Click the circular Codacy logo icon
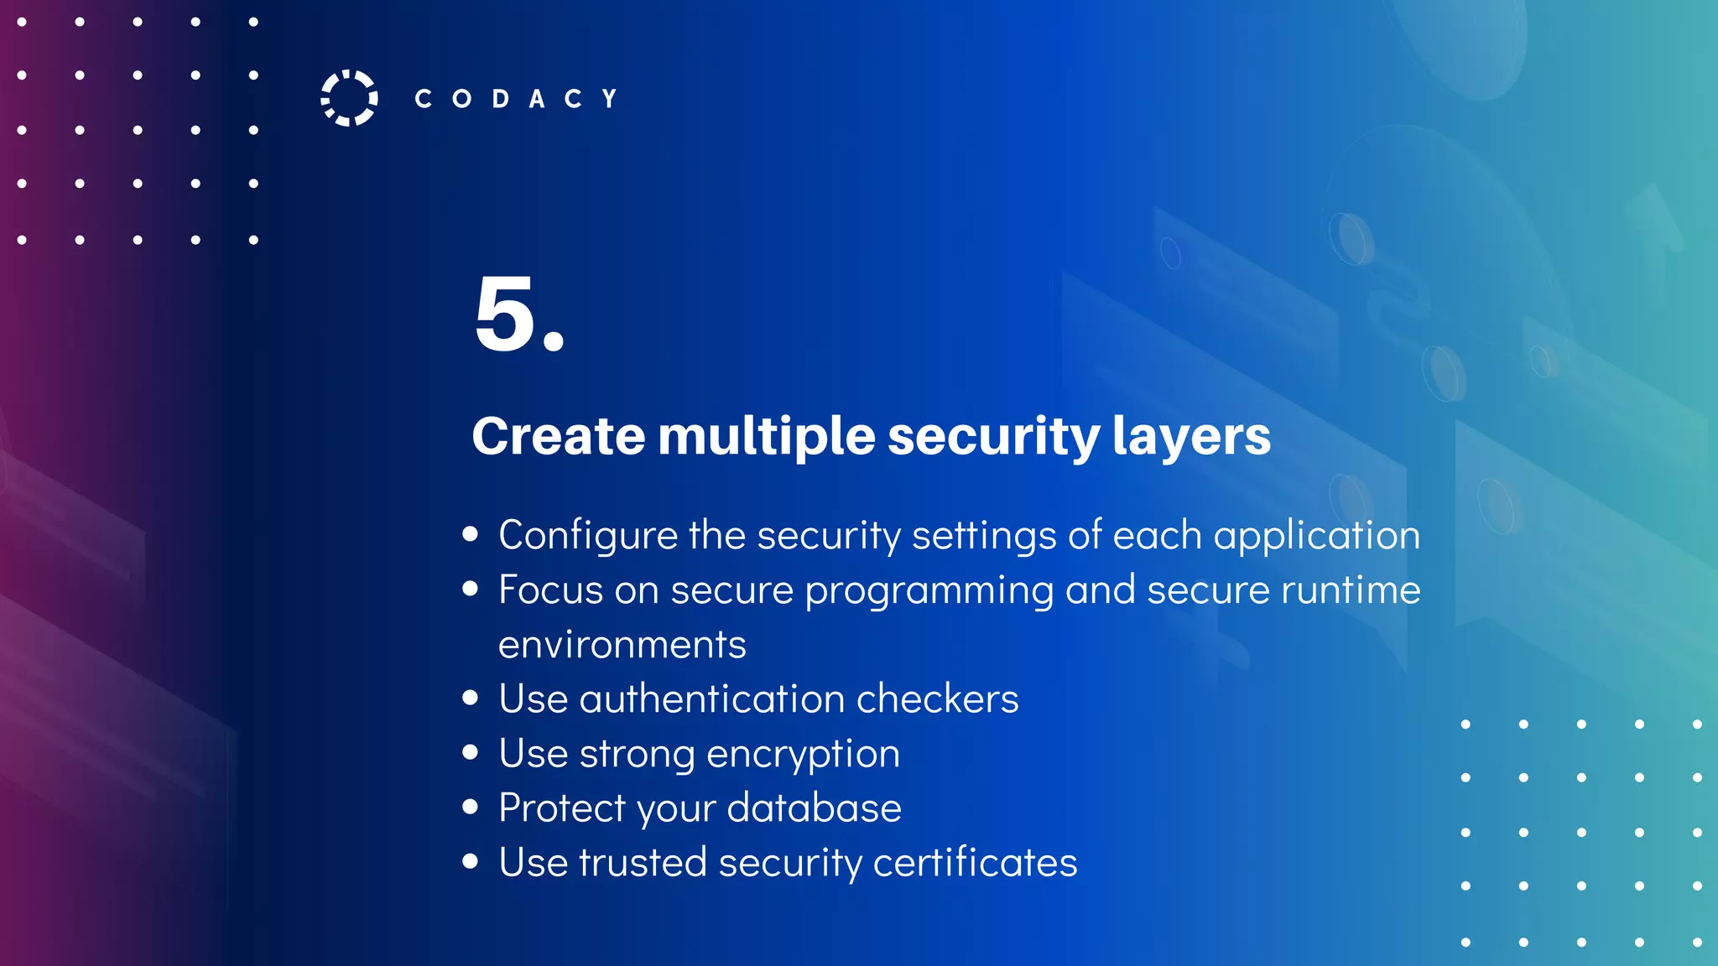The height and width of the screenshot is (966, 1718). (x=349, y=98)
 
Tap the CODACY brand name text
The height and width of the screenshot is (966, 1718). (x=516, y=99)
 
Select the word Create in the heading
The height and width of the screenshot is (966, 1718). (x=558, y=436)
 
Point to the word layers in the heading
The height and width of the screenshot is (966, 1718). (x=1191, y=436)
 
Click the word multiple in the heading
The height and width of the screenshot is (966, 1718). (x=767, y=436)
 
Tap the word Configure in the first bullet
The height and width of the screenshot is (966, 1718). (x=587, y=536)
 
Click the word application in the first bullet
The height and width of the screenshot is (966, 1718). (x=1316, y=536)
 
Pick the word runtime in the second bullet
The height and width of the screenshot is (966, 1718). (x=1351, y=589)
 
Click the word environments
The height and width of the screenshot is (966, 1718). (x=622, y=644)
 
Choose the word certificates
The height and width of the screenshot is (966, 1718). (x=975, y=862)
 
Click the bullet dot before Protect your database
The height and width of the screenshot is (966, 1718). (x=471, y=807)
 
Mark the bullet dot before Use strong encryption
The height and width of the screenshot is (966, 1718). (x=471, y=752)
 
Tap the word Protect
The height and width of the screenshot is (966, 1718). (x=562, y=808)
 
